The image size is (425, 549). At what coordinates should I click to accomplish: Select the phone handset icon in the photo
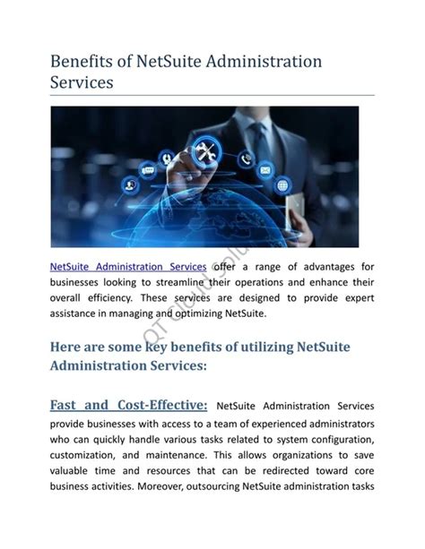coord(246,159)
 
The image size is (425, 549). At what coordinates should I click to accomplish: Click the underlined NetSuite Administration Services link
coord(127,267)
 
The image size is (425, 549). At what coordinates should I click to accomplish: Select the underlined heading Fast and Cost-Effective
coord(129,406)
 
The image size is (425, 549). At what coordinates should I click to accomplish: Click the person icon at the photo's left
coord(130,185)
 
